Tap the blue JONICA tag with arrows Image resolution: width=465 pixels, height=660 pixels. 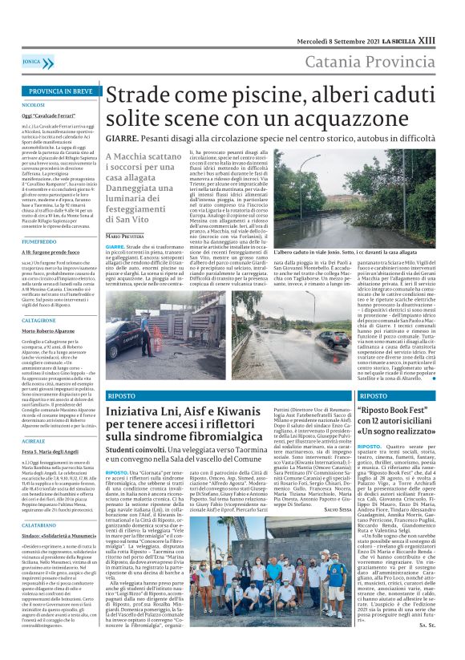pyautogui.click(x=31, y=61)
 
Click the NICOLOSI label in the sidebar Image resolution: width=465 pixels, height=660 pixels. pyautogui.click(x=34, y=105)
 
